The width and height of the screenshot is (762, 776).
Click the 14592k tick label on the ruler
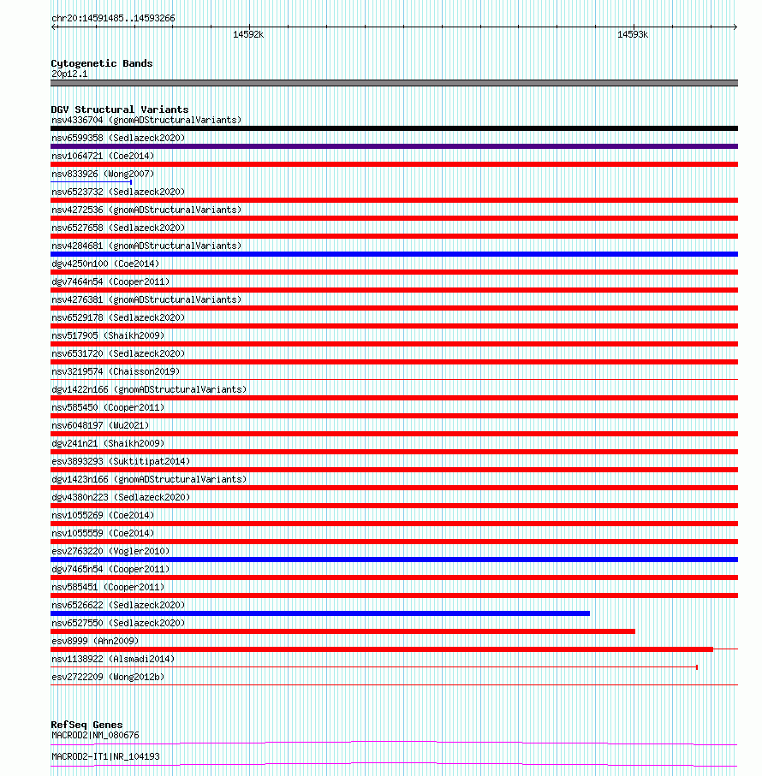[248, 35]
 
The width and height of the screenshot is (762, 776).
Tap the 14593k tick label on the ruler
[633, 35]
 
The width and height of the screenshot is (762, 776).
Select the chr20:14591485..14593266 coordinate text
[113, 18]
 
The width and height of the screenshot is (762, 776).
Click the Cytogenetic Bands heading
[101, 63]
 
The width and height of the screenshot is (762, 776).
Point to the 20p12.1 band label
[69, 74]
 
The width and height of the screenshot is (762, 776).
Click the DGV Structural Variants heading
[119, 110]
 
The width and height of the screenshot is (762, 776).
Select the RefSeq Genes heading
[86, 725]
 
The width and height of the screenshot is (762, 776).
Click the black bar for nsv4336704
[394, 128]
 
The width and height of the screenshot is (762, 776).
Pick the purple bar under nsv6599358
[394, 146]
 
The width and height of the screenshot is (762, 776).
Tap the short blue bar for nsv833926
[91, 182]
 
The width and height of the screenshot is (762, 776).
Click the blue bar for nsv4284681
[394, 254]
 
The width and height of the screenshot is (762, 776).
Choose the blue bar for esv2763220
[394, 560]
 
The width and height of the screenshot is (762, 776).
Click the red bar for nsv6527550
[342, 631]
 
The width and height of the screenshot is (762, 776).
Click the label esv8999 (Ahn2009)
[94, 641]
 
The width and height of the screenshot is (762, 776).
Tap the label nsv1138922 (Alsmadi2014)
[112, 659]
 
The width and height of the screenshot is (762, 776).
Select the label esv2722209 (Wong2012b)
[108, 677]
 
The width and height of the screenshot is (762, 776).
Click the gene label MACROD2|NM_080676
[94, 735]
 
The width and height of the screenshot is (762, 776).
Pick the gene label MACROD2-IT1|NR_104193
[104, 756]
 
